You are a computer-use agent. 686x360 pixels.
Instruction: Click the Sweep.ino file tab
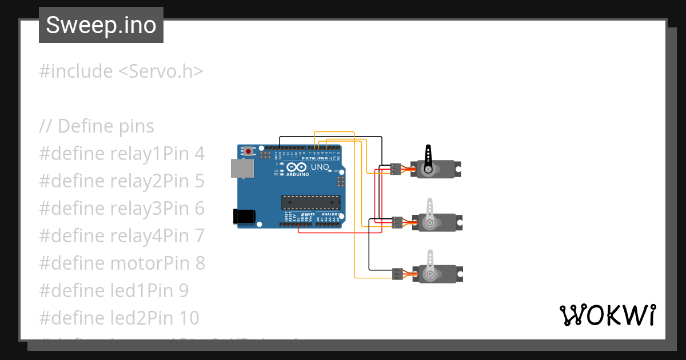[x=101, y=25]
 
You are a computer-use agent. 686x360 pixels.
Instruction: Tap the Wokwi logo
[x=607, y=315]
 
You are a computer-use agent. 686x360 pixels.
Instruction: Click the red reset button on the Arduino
[x=249, y=151]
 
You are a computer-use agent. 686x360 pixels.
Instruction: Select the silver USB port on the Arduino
[x=242, y=167]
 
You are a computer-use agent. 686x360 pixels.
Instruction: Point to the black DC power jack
[x=244, y=215]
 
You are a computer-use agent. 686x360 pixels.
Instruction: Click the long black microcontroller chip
[x=310, y=202]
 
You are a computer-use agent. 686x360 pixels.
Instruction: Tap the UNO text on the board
[x=320, y=167]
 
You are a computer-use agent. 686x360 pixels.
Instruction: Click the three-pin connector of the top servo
[x=396, y=169]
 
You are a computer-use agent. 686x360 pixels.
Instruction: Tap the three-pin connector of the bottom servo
[x=398, y=274]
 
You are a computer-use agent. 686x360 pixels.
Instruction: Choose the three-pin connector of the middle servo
[x=398, y=222]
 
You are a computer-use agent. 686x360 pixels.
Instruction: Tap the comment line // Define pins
[x=97, y=126]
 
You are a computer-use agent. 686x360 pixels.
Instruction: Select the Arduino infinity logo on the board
[x=297, y=168]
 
